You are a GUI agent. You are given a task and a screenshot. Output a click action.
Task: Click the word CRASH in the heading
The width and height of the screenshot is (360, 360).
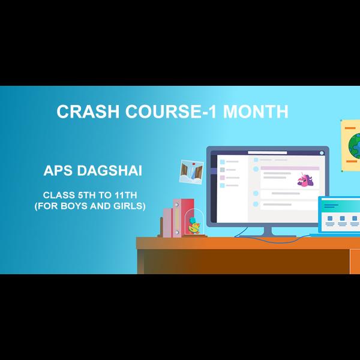[88, 112]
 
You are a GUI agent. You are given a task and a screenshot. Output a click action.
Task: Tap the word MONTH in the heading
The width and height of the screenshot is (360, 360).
[256, 112]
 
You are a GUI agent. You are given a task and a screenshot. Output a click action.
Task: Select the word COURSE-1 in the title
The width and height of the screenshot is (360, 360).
[171, 112]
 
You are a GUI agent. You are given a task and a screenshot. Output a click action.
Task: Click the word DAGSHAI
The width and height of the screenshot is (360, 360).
[110, 170]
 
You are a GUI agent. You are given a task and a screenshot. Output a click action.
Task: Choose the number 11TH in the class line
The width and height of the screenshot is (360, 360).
[126, 195]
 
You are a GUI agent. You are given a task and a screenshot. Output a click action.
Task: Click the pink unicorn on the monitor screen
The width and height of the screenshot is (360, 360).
[305, 179]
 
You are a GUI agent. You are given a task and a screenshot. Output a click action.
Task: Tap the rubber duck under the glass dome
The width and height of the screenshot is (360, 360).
[194, 226]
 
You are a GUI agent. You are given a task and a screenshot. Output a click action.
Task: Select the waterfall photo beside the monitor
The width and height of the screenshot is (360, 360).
[191, 172]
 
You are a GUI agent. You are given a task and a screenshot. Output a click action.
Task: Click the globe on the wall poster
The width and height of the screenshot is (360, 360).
[354, 146]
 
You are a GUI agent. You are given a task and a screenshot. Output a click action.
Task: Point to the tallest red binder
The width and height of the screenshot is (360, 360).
[187, 216]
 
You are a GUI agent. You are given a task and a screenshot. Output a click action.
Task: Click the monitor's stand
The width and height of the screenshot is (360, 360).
[268, 232]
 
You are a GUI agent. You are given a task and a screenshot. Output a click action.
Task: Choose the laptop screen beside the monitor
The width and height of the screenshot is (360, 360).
[340, 215]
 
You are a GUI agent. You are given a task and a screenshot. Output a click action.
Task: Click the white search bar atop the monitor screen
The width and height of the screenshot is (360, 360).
[267, 152]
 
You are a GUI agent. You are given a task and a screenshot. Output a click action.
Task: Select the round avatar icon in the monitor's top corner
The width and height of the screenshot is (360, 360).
[322, 153]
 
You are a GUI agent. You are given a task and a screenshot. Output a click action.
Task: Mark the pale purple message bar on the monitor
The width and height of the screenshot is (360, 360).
[290, 168]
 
